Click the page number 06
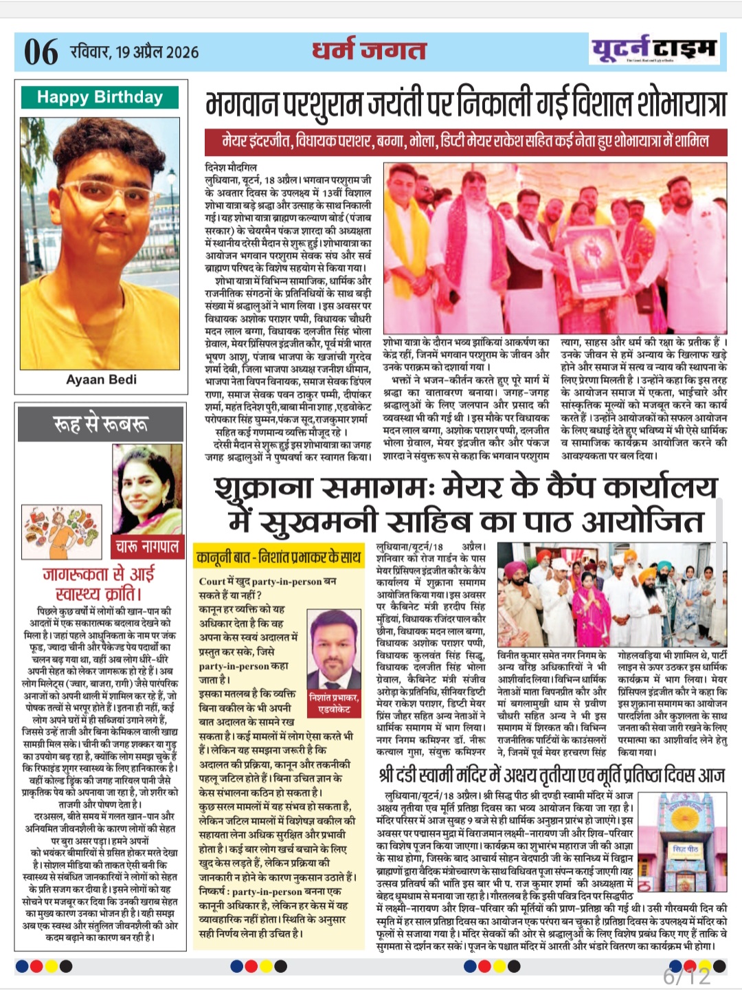(x=41, y=52)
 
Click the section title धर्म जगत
(x=369, y=50)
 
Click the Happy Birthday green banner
(x=100, y=97)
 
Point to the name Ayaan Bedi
(x=101, y=379)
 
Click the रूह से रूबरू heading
(x=100, y=423)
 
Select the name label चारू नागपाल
(x=147, y=547)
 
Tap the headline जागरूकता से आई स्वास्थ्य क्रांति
(x=100, y=583)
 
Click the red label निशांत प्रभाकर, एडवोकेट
(x=334, y=703)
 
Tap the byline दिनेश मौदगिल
(x=232, y=167)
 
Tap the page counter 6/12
(x=686, y=976)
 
